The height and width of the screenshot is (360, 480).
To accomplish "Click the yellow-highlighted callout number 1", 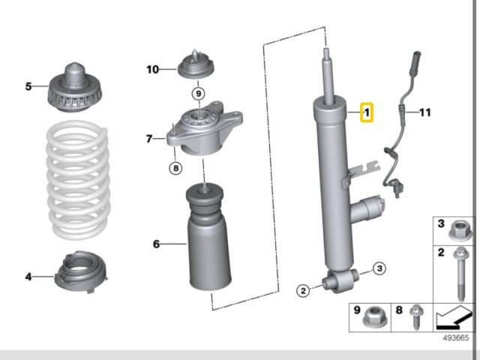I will (x=367, y=113).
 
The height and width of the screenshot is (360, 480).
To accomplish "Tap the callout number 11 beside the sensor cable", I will (x=425, y=113).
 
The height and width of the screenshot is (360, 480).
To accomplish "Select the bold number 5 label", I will (x=28, y=86).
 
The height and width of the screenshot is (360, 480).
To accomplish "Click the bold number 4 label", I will (x=28, y=277).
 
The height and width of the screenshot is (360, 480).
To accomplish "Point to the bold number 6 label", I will (x=156, y=244).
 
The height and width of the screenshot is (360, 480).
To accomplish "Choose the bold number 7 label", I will (x=149, y=139).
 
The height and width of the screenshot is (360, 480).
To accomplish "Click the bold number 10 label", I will (x=152, y=70).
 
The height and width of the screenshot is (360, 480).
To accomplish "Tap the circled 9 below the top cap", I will (x=198, y=94).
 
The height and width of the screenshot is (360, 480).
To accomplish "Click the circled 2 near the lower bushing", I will (x=302, y=291).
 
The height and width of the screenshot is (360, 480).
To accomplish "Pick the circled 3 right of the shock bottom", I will (x=379, y=268).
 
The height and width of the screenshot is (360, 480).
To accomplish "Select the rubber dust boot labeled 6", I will (x=207, y=244).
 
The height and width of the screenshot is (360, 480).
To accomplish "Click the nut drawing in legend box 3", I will (x=463, y=230).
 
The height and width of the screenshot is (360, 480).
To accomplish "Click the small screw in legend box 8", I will (x=415, y=319).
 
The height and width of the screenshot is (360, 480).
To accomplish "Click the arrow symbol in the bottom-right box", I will (x=453, y=317).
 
